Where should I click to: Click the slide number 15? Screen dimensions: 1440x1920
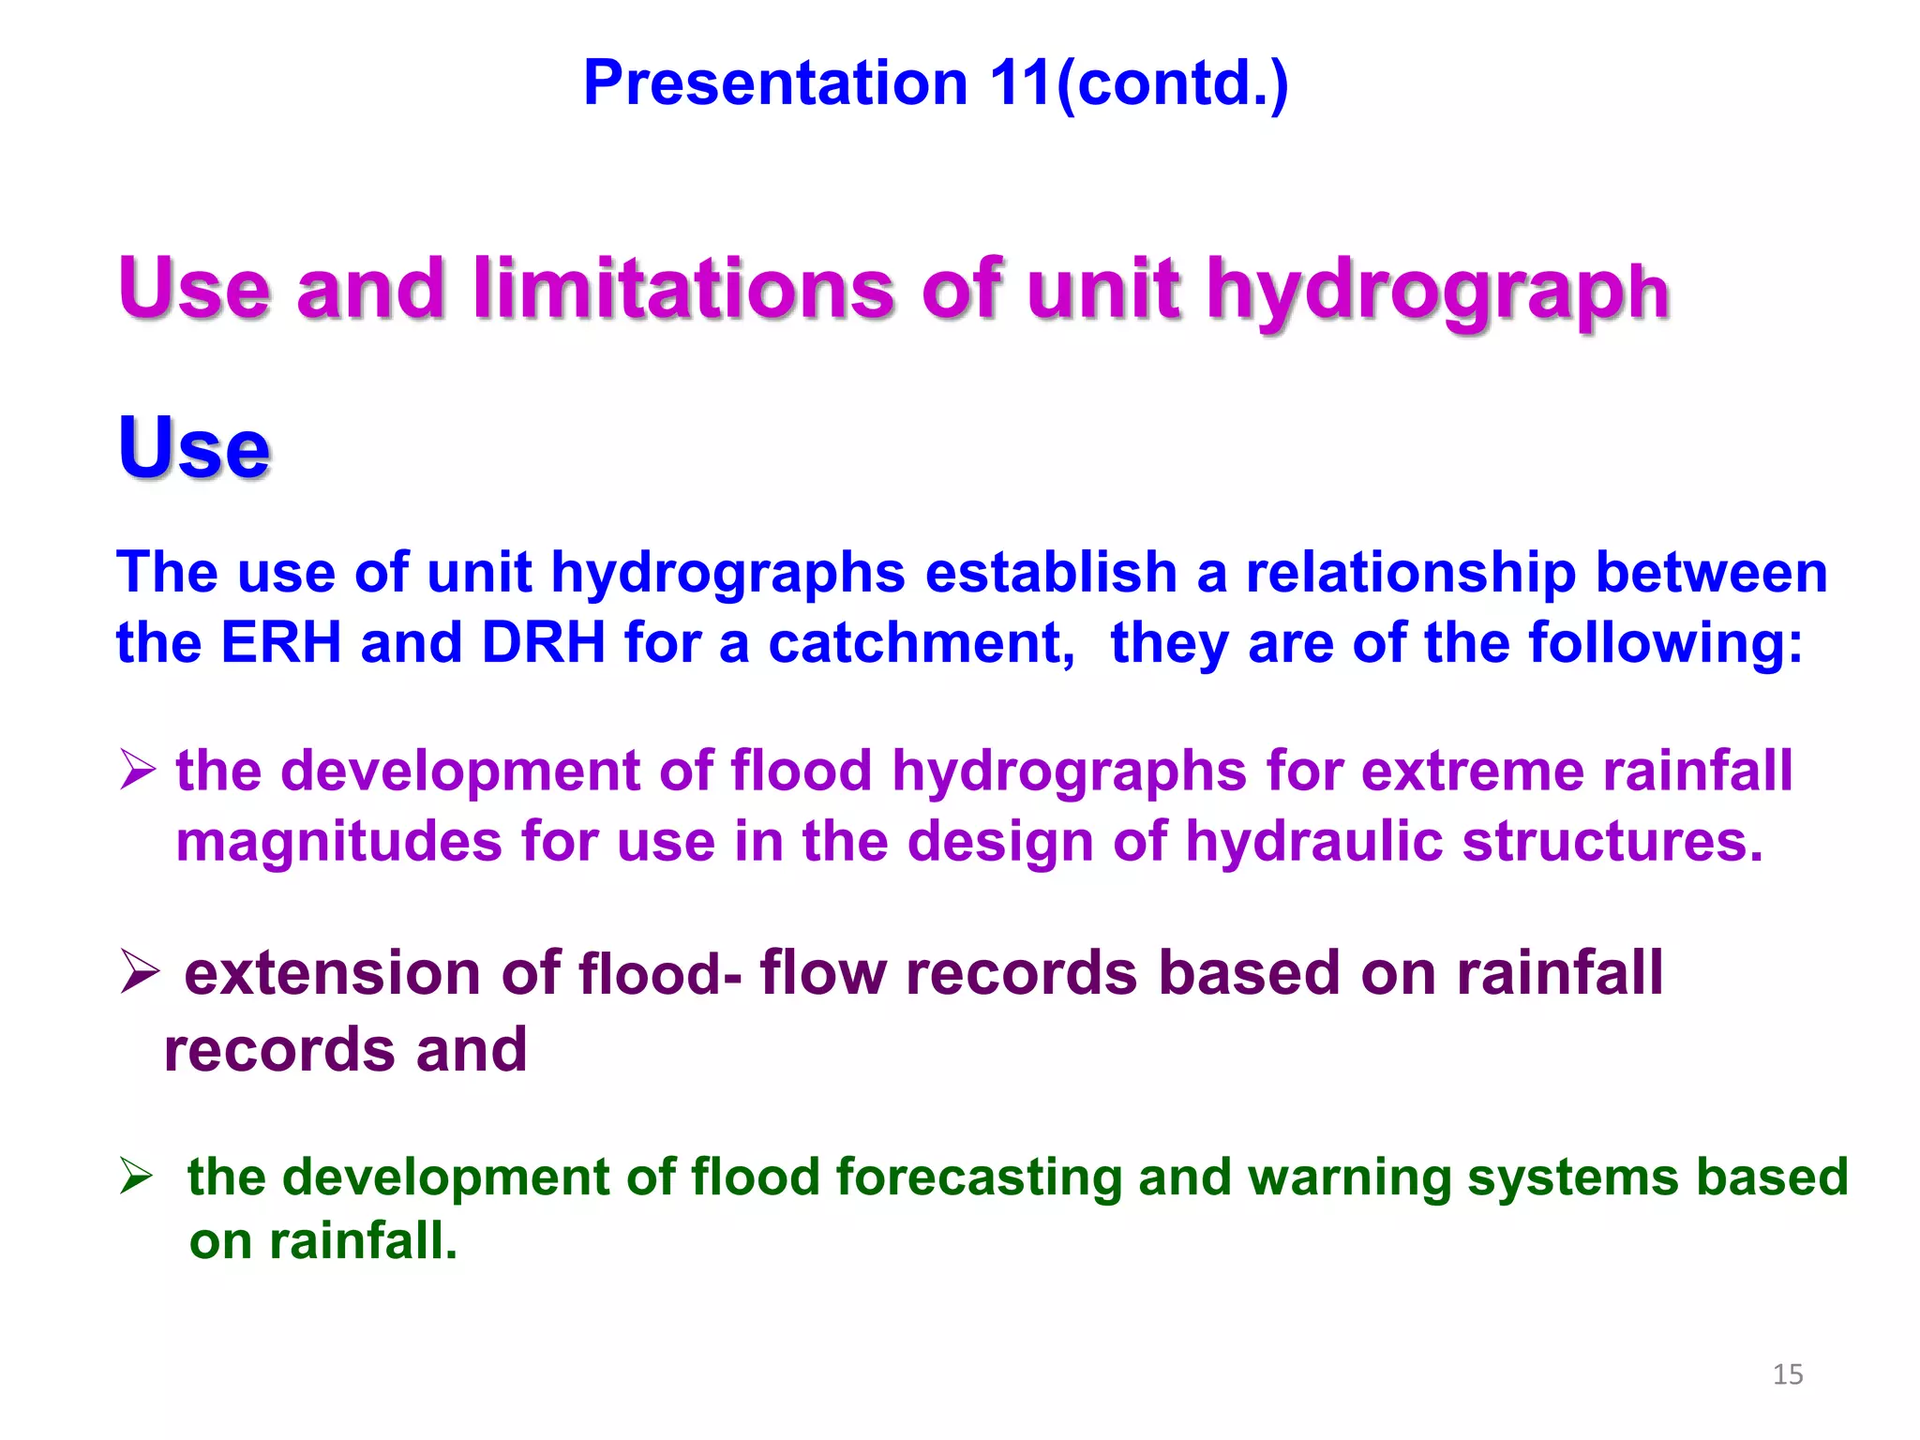(x=1788, y=1374)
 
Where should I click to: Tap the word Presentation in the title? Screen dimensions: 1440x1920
(x=775, y=82)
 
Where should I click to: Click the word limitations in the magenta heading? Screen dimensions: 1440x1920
(x=683, y=288)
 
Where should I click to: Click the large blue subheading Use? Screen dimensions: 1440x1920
(x=194, y=447)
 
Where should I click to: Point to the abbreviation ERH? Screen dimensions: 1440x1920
(x=280, y=643)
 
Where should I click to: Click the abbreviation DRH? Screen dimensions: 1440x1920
(x=543, y=643)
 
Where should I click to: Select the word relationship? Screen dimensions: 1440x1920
(x=1411, y=572)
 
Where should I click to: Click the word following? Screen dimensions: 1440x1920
(x=1664, y=643)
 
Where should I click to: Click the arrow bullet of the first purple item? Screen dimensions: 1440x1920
(x=138, y=771)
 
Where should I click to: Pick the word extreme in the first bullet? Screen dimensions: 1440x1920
(x=1471, y=771)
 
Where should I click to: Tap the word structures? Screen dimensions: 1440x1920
(x=1612, y=841)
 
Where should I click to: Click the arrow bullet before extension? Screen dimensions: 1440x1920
(x=141, y=971)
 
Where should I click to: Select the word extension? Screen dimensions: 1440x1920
(x=333, y=973)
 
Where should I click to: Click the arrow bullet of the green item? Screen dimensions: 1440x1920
(x=137, y=1176)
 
